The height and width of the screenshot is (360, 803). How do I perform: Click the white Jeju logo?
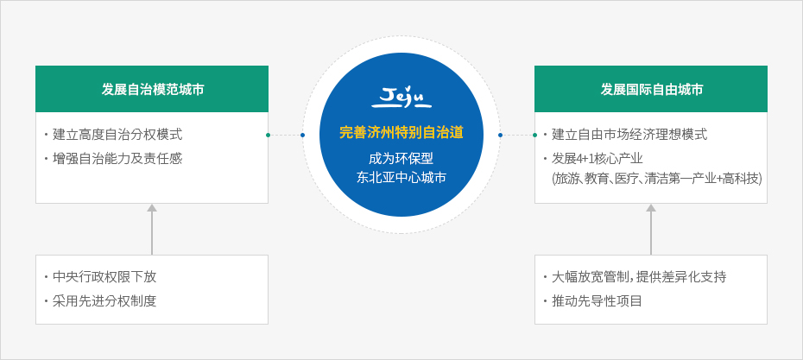pos(401,98)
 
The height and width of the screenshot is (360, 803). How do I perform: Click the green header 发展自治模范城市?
pos(152,90)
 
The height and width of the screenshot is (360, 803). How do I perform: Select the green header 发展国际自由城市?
pos(651,90)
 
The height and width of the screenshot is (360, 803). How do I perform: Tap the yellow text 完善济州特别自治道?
pos(401,133)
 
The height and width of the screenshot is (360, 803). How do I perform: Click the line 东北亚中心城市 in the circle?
pos(401,178)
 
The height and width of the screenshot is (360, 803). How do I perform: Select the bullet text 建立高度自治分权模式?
pos(117,136)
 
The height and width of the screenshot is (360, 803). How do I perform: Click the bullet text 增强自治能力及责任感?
pos(117,159)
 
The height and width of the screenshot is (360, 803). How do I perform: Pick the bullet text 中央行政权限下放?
pos(104,277)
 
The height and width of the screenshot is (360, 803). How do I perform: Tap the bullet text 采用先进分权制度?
pos(104,300)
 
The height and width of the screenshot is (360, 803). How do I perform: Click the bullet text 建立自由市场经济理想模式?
pos(629,136)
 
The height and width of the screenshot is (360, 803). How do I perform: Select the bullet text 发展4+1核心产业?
pos(598,158)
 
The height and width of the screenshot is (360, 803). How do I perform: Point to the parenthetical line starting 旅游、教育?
pos(657,179)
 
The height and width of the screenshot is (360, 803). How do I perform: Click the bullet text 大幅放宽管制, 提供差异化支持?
pos(639,277)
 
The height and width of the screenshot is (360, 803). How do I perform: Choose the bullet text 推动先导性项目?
pos(597,300)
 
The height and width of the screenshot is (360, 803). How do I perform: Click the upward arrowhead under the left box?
pos(152,208)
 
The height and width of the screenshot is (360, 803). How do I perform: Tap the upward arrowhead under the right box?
pos(651,208)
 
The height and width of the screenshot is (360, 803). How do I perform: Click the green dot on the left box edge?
pos(268,136)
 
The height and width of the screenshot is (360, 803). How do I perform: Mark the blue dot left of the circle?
pos(303,136)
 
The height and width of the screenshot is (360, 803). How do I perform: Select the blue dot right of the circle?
pos(500,136)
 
